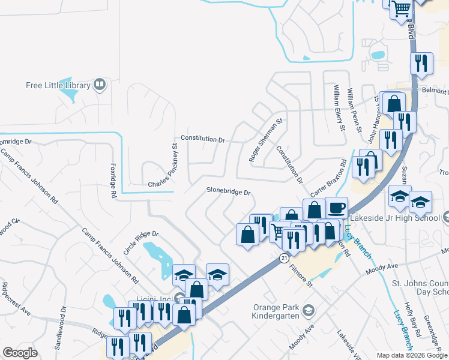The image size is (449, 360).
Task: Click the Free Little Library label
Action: [58, 85]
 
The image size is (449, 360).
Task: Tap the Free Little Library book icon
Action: [100, 85]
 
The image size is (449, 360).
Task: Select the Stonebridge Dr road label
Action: [228, 191]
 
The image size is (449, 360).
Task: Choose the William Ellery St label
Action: [340, 109]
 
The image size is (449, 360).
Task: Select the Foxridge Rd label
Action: [112, 180]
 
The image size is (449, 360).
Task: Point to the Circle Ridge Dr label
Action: [140, 242]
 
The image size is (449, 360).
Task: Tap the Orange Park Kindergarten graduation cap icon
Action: [309, 310]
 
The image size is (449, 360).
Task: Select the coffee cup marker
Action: [336, 208]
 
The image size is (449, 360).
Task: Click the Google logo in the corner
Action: [20, 353]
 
